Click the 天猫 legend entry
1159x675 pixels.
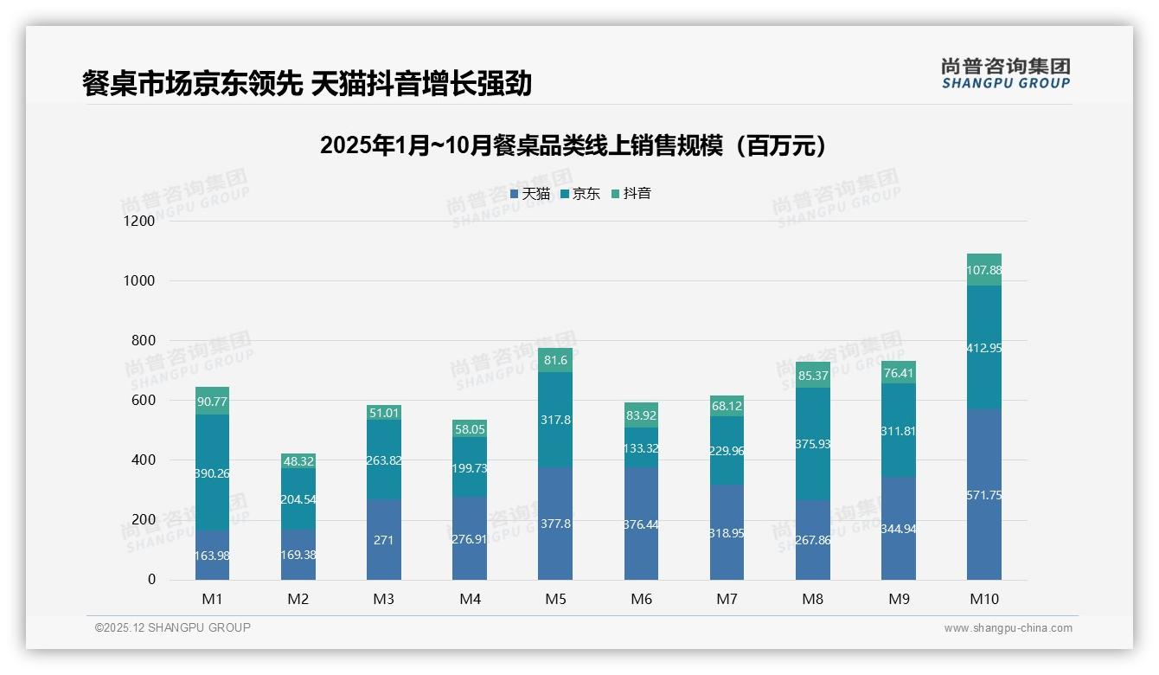click(530, 194)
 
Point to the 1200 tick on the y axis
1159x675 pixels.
click(139, 222)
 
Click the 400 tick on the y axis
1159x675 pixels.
click(142, 460)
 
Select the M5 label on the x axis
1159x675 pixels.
click(555, 599)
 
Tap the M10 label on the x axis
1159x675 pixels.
click(984, 599)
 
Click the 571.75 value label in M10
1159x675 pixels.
click(984, 495)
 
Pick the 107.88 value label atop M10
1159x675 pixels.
click(984, 271)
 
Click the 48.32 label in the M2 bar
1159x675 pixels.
click(298, 461)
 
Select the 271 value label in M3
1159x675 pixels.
click(384, 540)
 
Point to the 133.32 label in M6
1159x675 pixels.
click(641, 448)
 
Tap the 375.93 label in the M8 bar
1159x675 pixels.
click(813, 444)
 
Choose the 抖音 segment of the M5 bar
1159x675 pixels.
click(555, 360)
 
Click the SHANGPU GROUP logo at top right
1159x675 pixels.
click(1005, 73)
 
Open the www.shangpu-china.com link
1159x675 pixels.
click(1008, 628)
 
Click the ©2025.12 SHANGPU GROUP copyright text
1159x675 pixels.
click(173, 628)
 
